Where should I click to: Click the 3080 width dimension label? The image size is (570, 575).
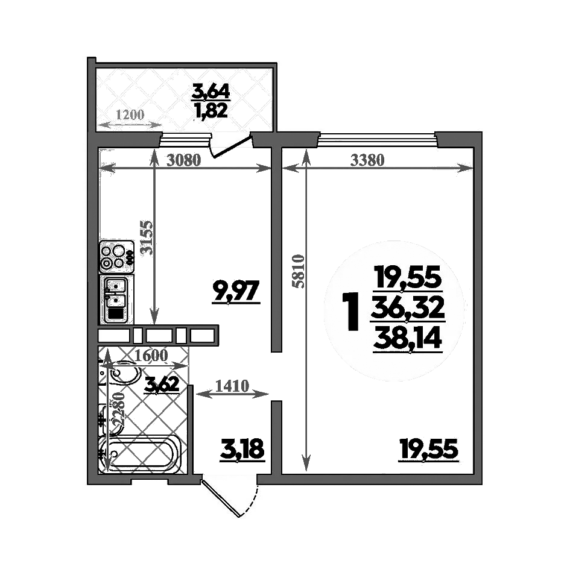point(183,160)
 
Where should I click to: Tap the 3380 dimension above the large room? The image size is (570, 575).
point(367,160)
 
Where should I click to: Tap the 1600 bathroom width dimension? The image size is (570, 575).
point(151,356)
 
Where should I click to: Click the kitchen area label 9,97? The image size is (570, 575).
point(235,292)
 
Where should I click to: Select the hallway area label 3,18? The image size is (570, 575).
point(242,450)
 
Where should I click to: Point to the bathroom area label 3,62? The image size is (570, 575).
point(161,385)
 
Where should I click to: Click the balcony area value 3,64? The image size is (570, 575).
point(211,91)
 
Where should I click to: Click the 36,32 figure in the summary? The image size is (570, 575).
point(408,309)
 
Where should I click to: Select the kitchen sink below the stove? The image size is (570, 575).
point(116,300)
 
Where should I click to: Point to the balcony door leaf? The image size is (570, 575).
point(231,148)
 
